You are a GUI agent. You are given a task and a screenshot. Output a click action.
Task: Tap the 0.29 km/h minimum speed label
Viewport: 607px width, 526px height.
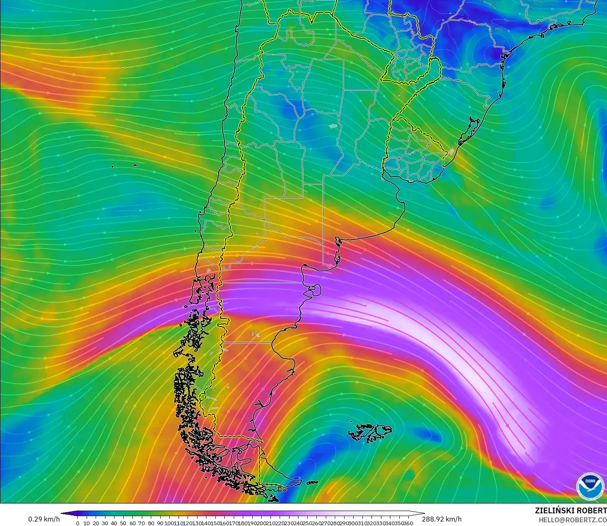pyautogui.click(x=44, y=519)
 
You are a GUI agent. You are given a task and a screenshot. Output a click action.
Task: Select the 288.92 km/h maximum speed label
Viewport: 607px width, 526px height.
pyautogui.click(x=441, y=519)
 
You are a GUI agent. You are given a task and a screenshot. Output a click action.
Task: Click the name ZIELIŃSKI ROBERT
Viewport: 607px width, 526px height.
pyautogui.click(x=571, y=510)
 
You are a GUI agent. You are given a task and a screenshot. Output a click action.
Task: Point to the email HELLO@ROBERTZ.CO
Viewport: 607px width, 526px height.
pyautogui.click(x=572, y=520)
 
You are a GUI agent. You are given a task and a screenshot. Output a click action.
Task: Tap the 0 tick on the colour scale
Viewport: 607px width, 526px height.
pyautogui.click(x=78, y=523)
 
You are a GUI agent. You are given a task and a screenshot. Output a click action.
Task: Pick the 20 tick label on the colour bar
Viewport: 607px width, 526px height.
pyautogui.click(x=96, y=523)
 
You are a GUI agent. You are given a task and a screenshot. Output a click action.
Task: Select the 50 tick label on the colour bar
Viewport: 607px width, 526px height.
pyautogui.click(x=123, y=523)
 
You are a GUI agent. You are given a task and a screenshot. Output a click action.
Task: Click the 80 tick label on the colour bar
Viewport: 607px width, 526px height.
pyautogui.click(x=151, y=523)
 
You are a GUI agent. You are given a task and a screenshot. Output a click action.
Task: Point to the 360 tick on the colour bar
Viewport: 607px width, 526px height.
pyautogui.click(x=408, y=523)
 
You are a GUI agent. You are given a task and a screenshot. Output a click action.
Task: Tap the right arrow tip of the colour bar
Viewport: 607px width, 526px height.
pyautogui.click(x=423, y=513)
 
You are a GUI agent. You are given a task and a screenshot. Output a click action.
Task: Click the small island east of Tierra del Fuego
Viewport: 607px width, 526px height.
pyautogui.click(x=313, y=483)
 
